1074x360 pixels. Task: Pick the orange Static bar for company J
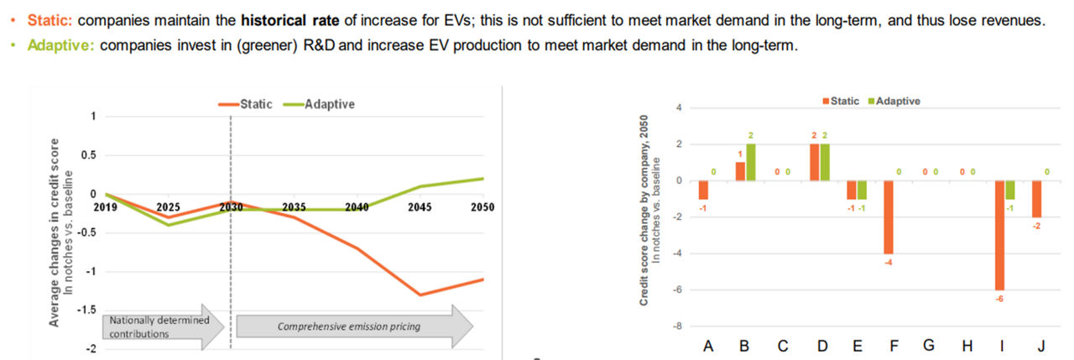[1036, 199]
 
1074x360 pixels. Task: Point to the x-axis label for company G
[929, 346]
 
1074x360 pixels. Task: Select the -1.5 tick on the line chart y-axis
[86, 310]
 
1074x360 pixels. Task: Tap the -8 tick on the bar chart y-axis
[680, 326]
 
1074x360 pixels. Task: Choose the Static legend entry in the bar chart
[839, 101]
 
